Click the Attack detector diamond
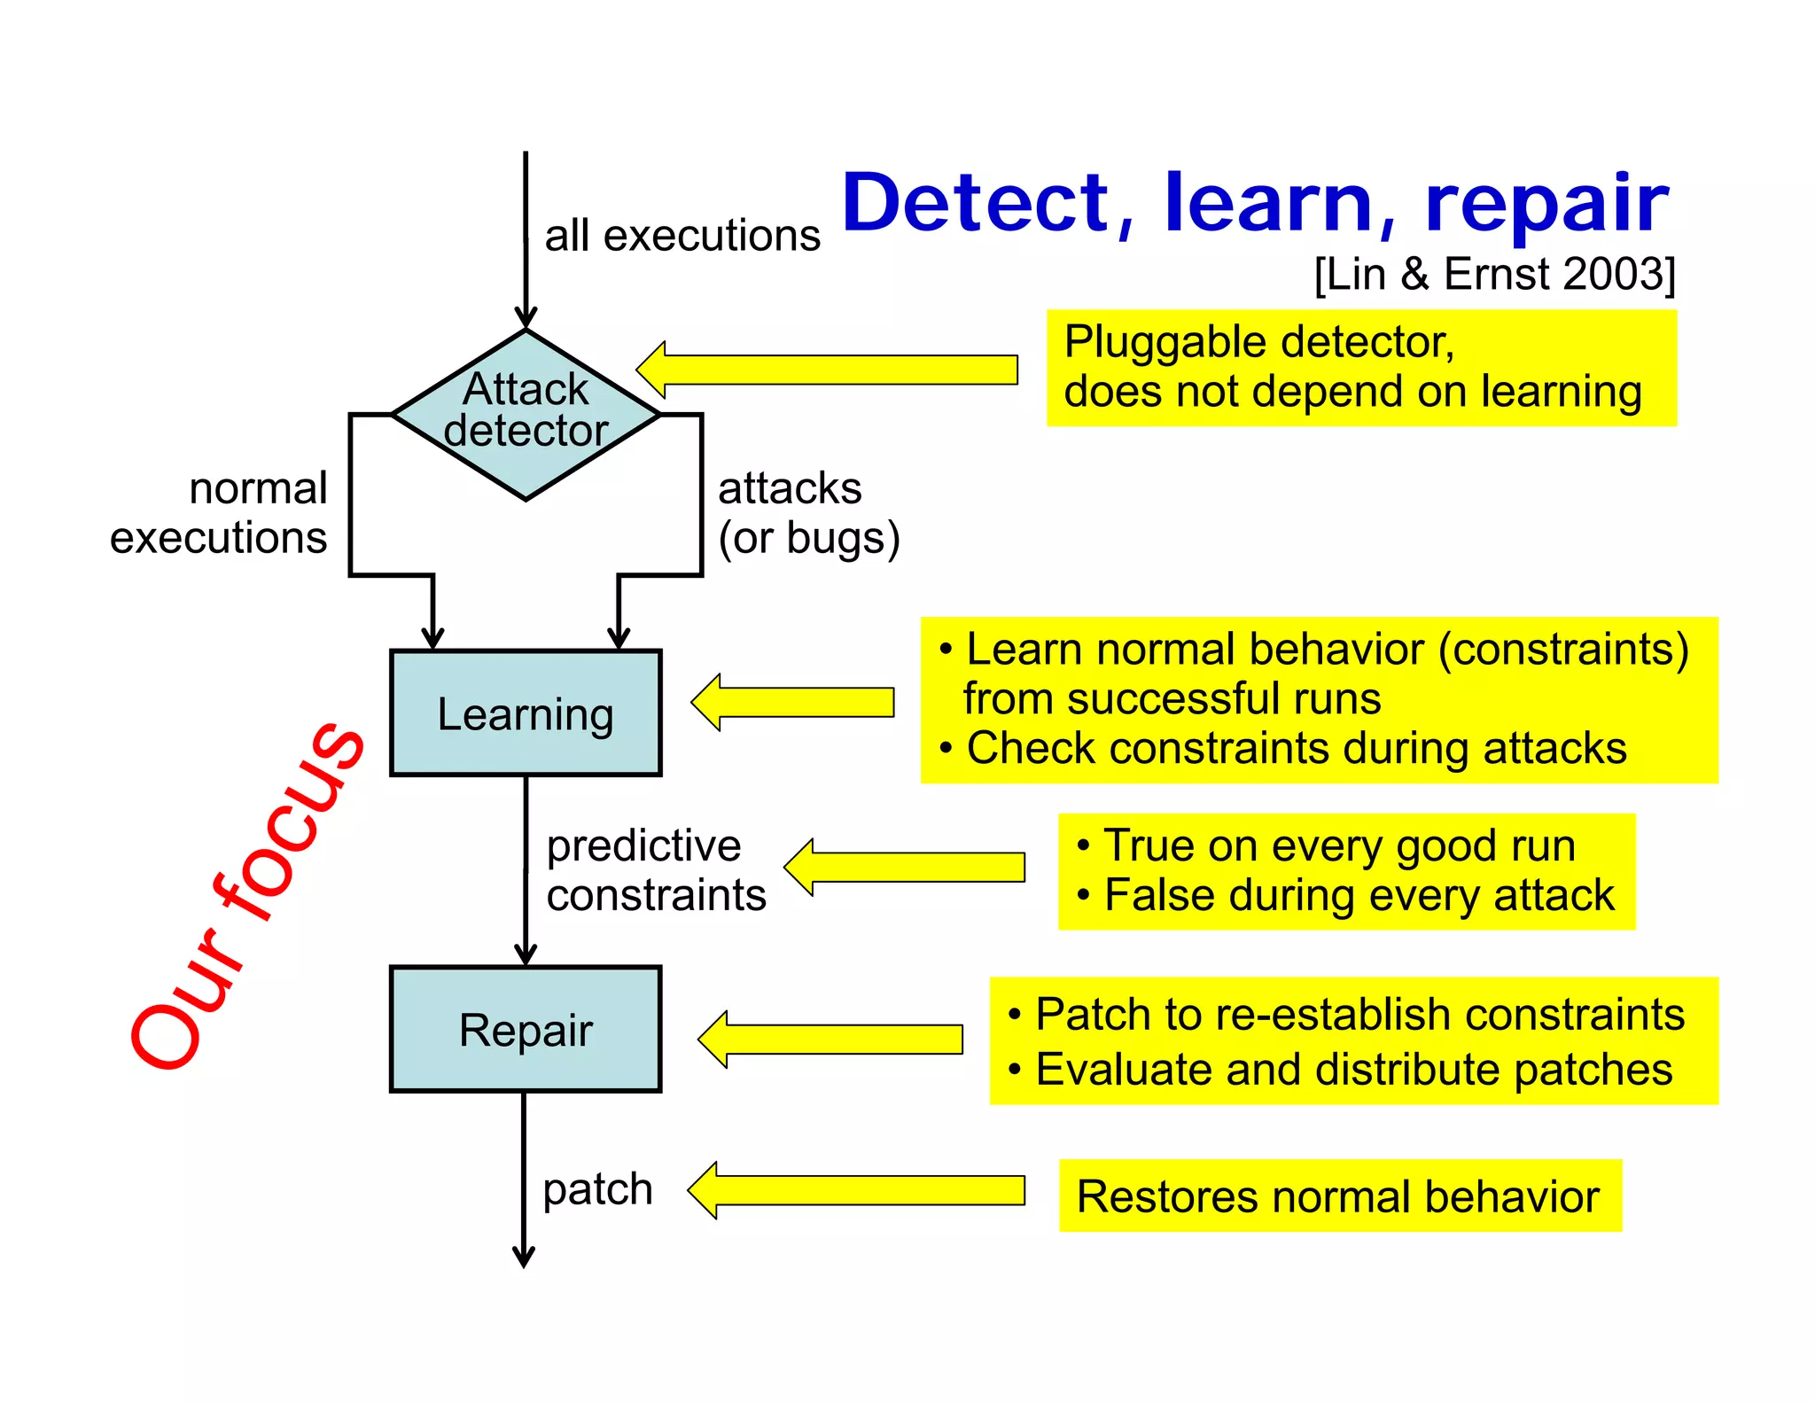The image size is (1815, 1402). [x=526, y=414]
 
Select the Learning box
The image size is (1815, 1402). [x=526, y=713]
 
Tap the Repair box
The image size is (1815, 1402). [x=526, y=1029]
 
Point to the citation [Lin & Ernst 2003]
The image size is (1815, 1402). [x=1494, y=274]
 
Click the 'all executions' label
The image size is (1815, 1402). [x=682, y=236]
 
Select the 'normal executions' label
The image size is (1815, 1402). [x=220, y=513]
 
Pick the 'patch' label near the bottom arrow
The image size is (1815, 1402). [x=597, y=1188]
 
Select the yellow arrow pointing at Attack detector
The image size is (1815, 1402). [x=827, y=370]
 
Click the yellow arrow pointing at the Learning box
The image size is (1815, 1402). [x=793, y=702]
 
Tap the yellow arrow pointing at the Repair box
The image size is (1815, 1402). [x=830, y=1039]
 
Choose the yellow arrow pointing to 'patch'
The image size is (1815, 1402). [x=856, y=1190]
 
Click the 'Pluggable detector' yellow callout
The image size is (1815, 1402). [x=1360, y=367]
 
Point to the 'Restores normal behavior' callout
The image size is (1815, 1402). [x=1339, y=1196]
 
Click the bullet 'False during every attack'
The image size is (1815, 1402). [x=1359, y=896]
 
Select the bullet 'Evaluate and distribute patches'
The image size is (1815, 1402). [x=1353, y=1070]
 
